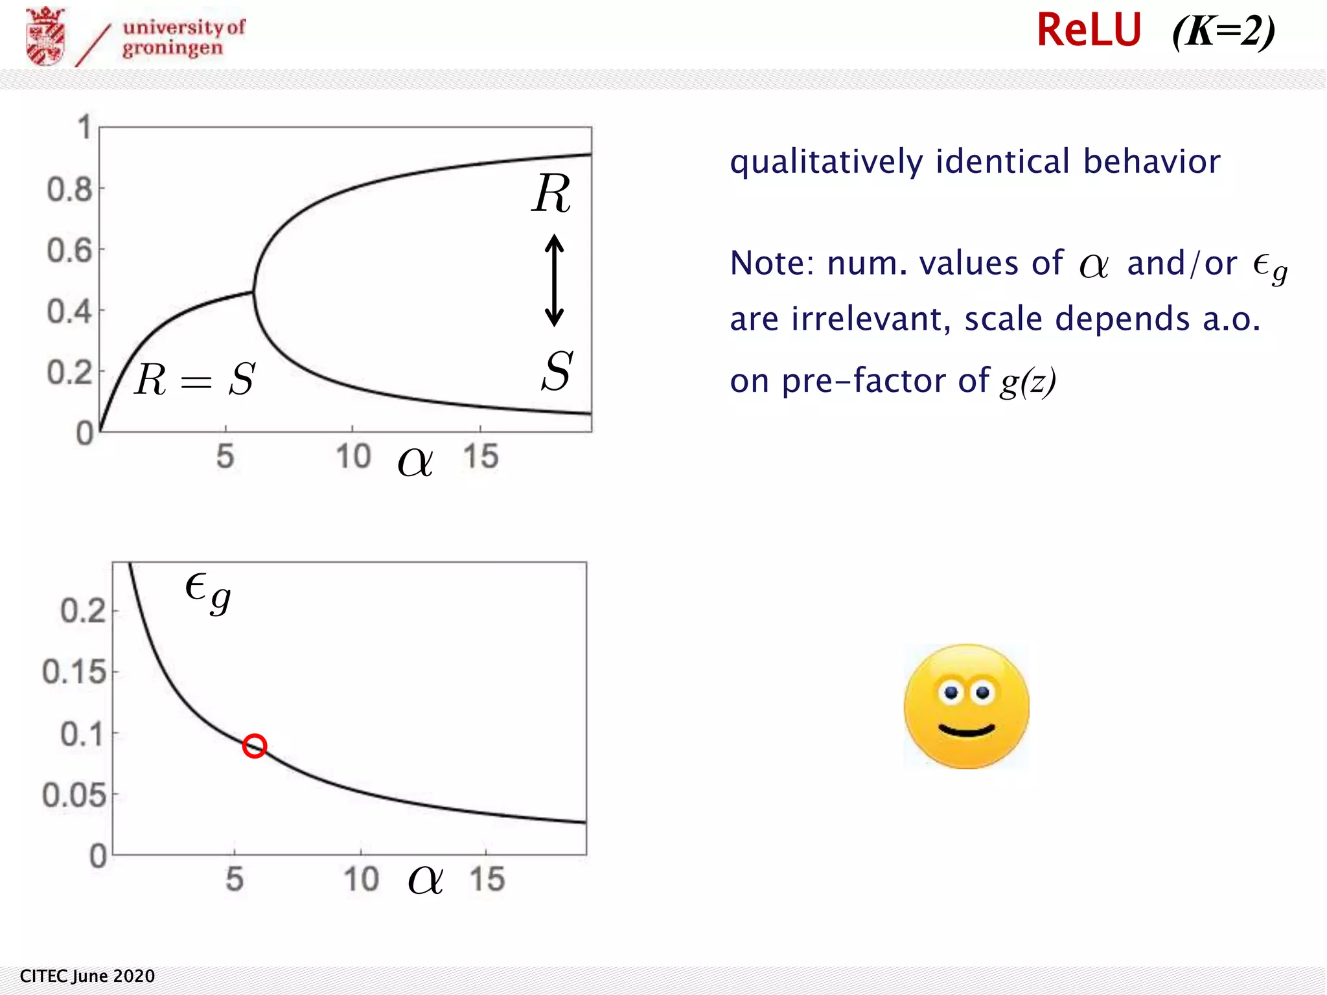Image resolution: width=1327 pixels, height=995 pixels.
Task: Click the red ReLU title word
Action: tap(1089, 30)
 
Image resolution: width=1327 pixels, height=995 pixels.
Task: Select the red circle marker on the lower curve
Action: tap(255, 746)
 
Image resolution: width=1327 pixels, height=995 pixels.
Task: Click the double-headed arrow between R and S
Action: tap(554, 280)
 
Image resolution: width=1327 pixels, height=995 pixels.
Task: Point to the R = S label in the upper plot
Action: tap(195, 379)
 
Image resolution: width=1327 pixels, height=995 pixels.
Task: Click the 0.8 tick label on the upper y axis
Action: tap(69, 190)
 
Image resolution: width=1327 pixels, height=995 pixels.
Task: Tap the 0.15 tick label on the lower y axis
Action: tap(74, 672)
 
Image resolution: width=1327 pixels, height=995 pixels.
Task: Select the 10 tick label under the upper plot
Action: tap(353, 457)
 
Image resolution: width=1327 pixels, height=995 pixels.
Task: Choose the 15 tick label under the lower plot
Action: tap(487, 880)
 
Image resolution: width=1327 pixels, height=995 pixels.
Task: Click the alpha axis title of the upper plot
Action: tap(415, 462)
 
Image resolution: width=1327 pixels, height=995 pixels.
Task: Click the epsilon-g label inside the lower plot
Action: tap(207, 591)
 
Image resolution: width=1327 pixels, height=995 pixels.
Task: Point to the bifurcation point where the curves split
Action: tap(253, 292)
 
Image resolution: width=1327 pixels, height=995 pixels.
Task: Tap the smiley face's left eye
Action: tap(951, 692)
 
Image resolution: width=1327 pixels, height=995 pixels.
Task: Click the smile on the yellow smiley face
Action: tap(967, 731)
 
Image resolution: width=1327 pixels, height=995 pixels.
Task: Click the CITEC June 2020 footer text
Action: tap(87, 976)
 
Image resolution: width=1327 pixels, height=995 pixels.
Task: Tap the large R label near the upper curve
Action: tap(551, 194)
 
